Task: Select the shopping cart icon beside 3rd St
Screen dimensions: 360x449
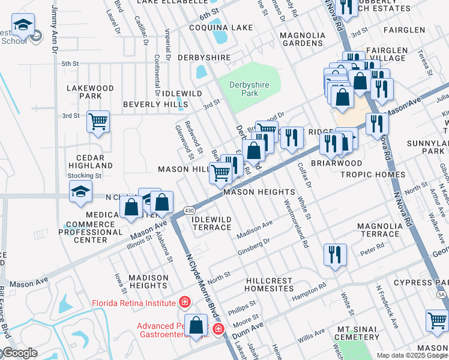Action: coord(98,122)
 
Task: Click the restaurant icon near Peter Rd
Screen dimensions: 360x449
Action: coord(335,254)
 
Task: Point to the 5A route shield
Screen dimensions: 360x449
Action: coord(442,295)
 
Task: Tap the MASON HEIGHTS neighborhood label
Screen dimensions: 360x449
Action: coord(259,192)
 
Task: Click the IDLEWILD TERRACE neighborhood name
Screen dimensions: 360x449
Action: coord(211,223)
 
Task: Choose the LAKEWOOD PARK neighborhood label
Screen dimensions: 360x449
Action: coord(90,92)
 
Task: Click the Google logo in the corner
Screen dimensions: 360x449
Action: coord(19,353)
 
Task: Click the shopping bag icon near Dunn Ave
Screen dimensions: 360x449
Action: coord(196,326)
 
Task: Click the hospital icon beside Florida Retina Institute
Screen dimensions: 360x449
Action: coord(185,302)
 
